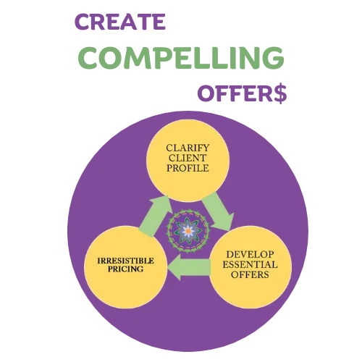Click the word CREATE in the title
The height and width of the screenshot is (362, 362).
click(120, 22)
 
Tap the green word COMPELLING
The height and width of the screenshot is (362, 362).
click(181, 57)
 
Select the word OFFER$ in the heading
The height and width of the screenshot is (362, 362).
click(243, 93)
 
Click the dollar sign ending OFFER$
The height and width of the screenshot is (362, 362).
click(280, 93)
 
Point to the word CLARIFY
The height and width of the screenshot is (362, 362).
click(188, 148)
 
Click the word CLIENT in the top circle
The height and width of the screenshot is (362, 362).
click(188, 158)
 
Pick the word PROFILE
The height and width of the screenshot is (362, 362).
click(188, 168)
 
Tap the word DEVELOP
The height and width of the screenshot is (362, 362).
click(250, 254)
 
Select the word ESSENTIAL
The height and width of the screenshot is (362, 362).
click(250, 264)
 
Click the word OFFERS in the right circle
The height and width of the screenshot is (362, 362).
click(250, 274)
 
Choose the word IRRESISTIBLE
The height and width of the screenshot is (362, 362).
click(125, 261)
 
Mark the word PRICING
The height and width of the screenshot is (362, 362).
click(125, 269)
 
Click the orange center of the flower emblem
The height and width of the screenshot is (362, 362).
click(188, 231)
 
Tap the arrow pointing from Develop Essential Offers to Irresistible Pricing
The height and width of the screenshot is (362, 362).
click(189, 267)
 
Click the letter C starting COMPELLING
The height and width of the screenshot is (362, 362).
click(88, 58)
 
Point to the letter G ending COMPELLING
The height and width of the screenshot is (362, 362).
click(273, 58)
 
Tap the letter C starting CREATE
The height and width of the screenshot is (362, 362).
click(82, 22)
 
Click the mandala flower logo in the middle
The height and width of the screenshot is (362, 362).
click(188, 231)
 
